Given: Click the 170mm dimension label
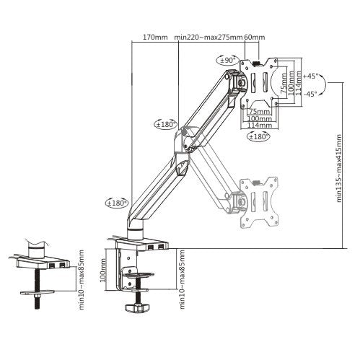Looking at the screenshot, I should (154, 38).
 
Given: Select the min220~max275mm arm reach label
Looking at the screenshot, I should (208, 38).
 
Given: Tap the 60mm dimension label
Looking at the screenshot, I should (255, 38).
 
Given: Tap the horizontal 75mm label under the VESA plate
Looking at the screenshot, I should (255, 112).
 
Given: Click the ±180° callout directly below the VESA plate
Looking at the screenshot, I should (258, 136).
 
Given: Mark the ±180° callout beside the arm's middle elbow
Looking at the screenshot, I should (165, 124).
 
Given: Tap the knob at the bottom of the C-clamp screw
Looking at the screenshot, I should (136, 309).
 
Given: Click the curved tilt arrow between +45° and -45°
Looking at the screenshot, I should (322, 85).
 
